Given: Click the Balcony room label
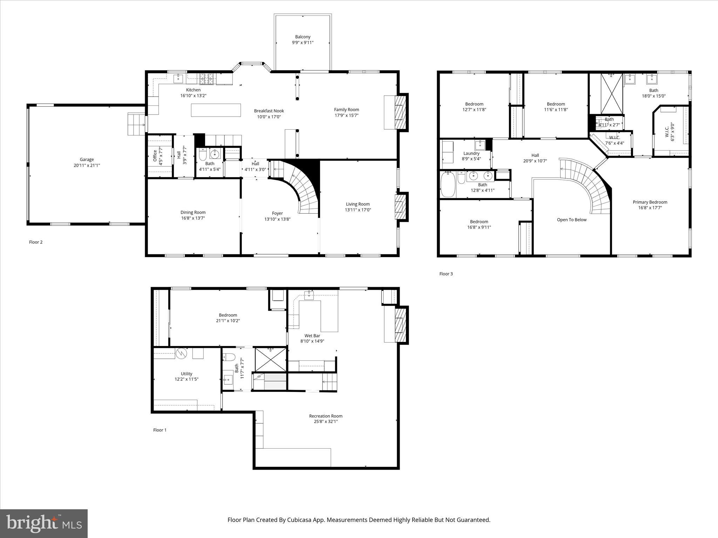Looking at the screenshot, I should click(303, 37).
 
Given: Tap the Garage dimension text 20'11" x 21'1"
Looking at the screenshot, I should click(87, 165).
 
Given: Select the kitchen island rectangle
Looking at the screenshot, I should click(216, 110).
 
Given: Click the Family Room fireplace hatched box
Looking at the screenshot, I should click(400, 112).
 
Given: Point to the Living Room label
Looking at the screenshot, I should click(358, 204).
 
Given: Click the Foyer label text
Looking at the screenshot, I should click(277, 213).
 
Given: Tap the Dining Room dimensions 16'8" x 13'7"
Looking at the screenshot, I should click(193, 218).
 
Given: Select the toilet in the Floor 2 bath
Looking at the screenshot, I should click(203, 154).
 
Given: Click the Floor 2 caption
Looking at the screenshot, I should click(36, 242).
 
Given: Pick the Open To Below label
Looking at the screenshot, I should click(571, 220).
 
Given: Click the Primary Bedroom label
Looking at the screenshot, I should click(650, 202).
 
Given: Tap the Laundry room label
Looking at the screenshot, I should click(471, 153).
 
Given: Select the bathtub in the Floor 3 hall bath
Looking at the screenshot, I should click(448, 185).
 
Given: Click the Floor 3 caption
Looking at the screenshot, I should click(446, 274).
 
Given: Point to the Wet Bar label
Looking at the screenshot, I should click(312, 336).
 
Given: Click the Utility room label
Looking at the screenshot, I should click(187, 374).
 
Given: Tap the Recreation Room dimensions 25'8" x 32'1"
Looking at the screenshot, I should click(325, 422).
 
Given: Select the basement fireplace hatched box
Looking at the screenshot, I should click(400, 324).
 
